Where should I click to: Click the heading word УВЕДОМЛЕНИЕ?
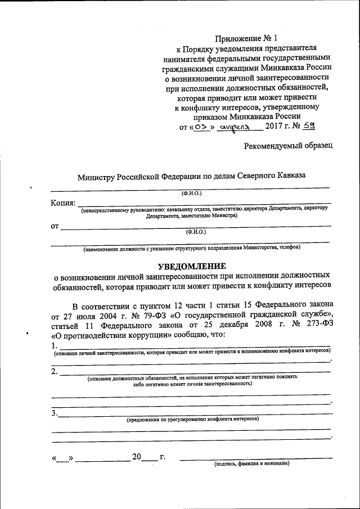click(192, 265)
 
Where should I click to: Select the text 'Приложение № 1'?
click(246, 38)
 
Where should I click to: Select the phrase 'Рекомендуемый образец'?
click(288, 146)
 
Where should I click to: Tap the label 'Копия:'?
click(63, 203)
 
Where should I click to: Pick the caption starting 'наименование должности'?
click(191, 247)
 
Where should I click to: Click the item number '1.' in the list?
click(54, 345)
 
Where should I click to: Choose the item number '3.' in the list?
click(54, 413)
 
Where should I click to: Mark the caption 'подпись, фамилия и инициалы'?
click(251, 464)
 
